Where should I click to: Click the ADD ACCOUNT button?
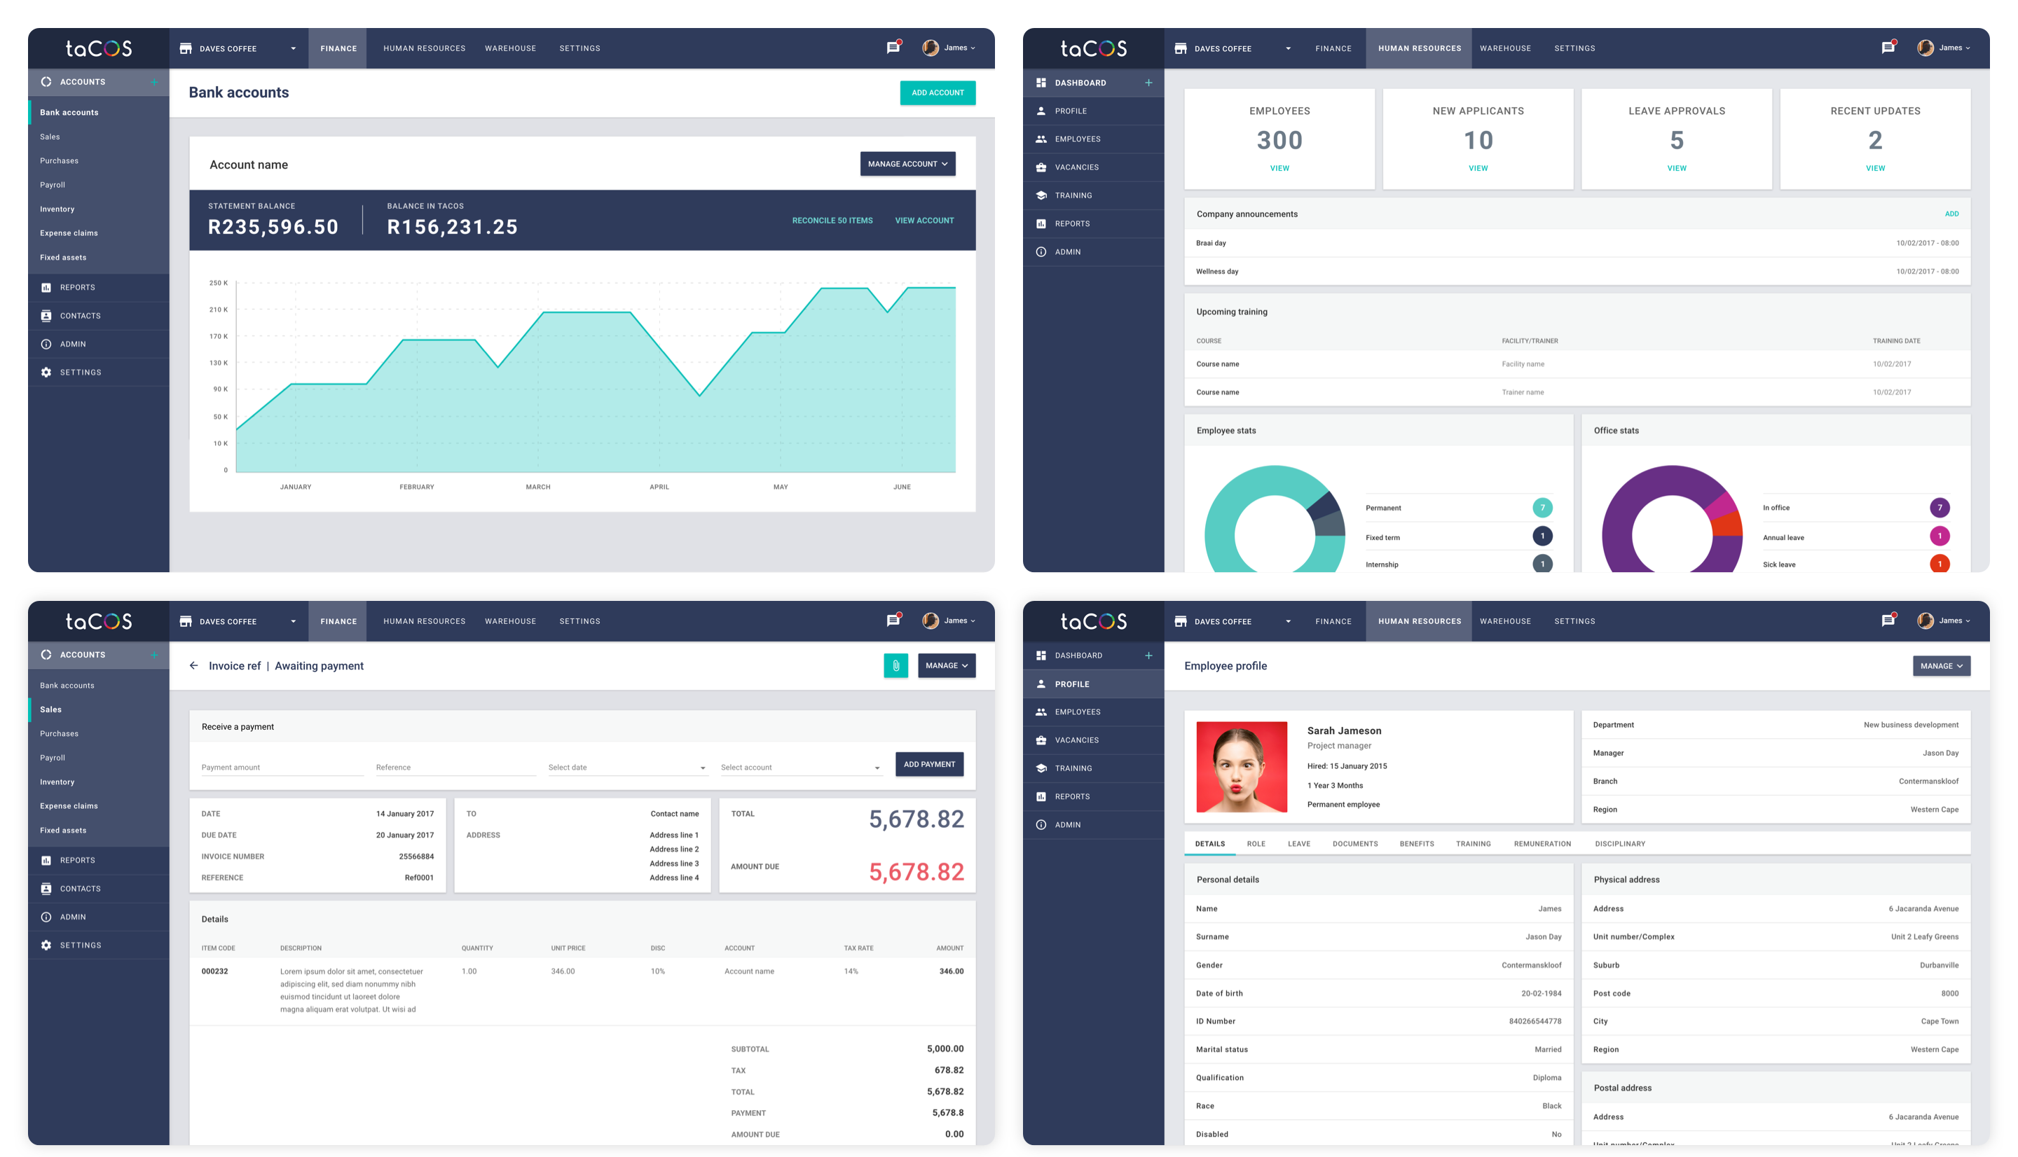[x=937, y=93]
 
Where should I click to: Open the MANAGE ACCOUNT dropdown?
[x=907, y=164]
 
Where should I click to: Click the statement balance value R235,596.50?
[x=273, y=227]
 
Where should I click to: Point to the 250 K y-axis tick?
[x=218, y=283]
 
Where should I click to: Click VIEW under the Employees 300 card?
[x=1279, y=169]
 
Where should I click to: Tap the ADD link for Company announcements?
[x=1951, y=214]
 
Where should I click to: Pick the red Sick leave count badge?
[x=1939, y=564]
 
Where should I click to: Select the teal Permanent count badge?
[x=1542, y=508]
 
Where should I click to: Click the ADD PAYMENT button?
[x=928, y=765]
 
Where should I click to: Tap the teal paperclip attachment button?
[x=895, y=666]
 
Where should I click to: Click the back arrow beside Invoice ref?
[x=194, y=666]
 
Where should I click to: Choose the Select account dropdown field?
[x=799, y=768]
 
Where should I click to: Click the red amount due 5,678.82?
[x=916, y=873]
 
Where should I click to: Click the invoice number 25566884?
[x=416, y=857]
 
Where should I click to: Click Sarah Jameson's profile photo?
[x=1241, y=767]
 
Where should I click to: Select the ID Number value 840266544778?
[x=1534, y=1022]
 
